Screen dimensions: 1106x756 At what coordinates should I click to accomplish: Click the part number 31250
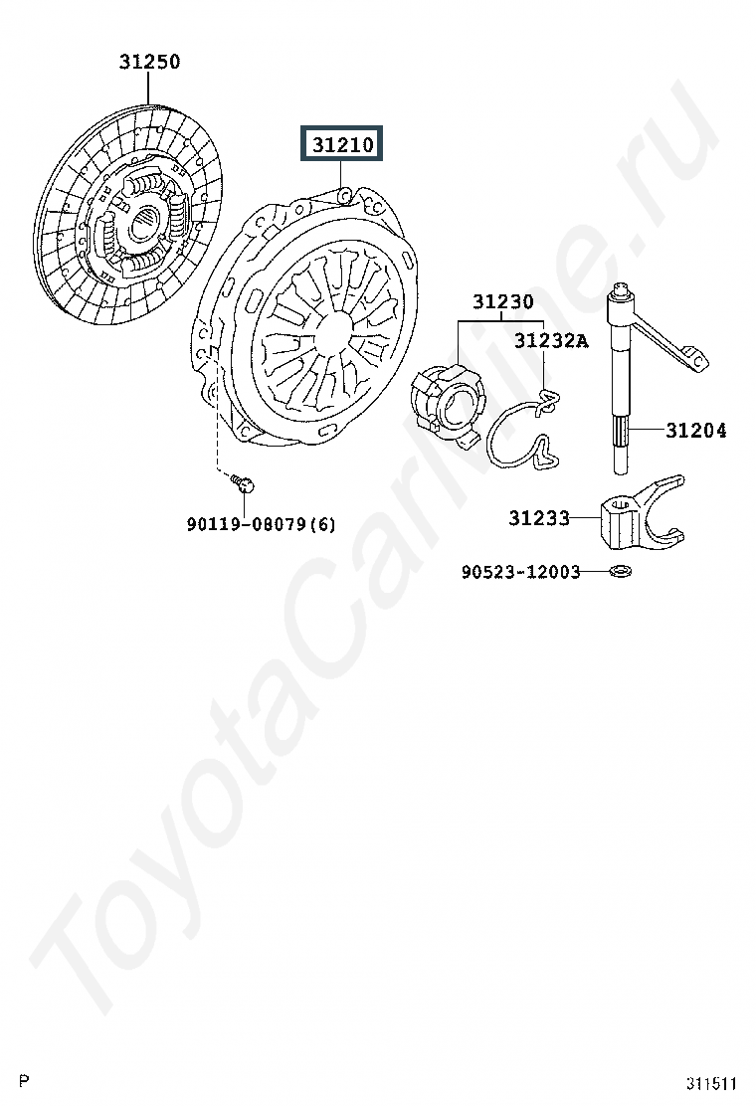click(x=150, y=62)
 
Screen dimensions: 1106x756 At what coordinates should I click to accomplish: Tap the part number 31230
click(x=502, y=301)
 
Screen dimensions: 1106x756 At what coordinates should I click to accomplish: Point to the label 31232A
click(x=551, y=341)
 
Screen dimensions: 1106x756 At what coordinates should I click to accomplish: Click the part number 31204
click(x=695, y=431)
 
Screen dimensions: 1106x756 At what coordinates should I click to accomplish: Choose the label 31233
click(x=539, y=517)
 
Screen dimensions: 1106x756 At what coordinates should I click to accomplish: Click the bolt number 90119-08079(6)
click(x=261, y=523)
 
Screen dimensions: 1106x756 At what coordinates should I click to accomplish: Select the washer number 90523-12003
click(x=520, y=572)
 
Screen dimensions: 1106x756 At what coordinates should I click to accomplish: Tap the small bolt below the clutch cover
click(x=243, y=483)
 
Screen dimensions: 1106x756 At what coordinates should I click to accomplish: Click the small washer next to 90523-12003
click(x=621, y=572)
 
